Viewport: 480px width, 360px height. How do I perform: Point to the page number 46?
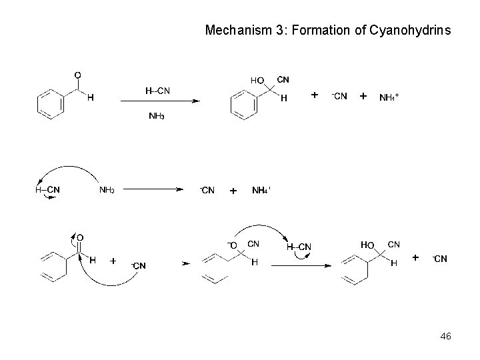[x=445, y=337]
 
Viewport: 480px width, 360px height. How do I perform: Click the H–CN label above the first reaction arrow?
[x=158, y=91]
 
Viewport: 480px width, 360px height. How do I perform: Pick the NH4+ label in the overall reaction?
[x=389, y=97]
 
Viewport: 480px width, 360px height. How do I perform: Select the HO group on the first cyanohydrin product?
[x=257, y=80]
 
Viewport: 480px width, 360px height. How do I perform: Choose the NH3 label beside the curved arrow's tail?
[x=107, y=190]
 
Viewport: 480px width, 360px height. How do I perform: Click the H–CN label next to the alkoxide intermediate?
[x=299, y=247]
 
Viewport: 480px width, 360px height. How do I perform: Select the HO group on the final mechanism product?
[x=367, y=245]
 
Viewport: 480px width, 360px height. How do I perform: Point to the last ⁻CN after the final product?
[x=440, y=259]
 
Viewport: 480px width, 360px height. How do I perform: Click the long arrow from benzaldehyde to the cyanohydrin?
[x=160, y=101]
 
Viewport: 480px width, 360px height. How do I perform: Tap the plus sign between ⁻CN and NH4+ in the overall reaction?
[x=363, y=96]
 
